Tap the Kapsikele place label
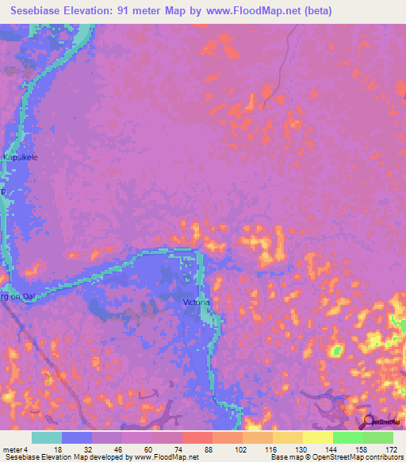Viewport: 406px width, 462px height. pos(21,157)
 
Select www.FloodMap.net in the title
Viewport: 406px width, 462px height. pos(247,11)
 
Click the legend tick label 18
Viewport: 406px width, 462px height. pos(47,449)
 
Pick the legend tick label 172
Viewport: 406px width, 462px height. pos(390,449)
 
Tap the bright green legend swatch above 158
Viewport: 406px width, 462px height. pos(347,437)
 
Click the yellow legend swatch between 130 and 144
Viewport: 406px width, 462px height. pos(317,437)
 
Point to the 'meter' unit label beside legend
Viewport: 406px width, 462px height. pos(13,449)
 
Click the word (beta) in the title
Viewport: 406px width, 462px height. pos(315,11)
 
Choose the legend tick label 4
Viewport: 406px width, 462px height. pos(29,449)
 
